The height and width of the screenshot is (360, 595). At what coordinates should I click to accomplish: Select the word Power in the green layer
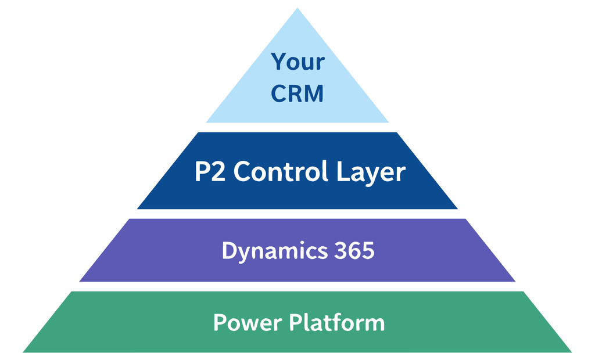point(245,322)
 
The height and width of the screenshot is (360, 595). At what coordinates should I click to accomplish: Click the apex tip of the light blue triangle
point(297,9)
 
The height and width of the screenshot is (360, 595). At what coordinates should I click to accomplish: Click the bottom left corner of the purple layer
point(80,281)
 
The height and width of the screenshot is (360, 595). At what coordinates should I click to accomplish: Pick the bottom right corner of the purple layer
point(515,281)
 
